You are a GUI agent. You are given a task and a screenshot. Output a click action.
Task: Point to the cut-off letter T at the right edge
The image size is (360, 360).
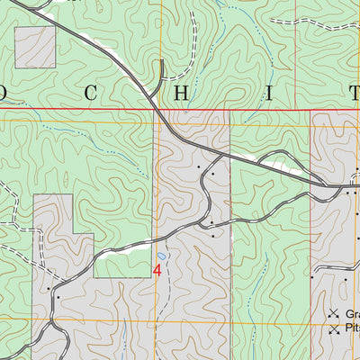click(353, 92)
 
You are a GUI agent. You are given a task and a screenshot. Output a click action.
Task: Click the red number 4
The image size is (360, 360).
click(157, 268)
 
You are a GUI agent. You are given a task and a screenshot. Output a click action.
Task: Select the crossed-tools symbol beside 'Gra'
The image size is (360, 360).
click(333, 313)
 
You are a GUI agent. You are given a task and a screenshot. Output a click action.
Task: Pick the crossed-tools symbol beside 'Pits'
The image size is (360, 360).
click(333, 329)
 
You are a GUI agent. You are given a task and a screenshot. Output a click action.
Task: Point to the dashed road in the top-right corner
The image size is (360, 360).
click(333, 27)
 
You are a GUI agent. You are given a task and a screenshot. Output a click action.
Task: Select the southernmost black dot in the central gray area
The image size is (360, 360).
click(212, 237)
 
